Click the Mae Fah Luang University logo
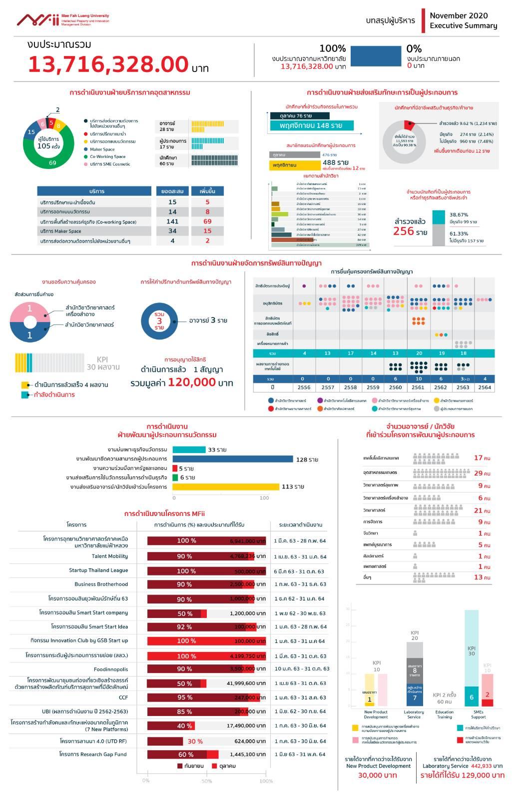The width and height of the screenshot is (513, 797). coord(62,20)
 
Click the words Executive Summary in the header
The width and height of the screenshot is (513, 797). coord(463,25)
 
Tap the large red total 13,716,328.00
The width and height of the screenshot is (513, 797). coord(108,64)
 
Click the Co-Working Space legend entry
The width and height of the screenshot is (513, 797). coord(107,156)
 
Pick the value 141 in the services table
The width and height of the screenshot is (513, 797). coord(172,221)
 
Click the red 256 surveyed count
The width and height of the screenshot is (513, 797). coord(404,231)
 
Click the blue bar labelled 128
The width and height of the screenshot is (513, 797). coord(233,459)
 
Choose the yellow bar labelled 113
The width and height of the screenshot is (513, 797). coord(226,486)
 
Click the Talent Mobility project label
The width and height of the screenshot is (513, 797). coord(109,556)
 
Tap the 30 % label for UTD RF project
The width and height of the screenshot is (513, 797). coord(195,741)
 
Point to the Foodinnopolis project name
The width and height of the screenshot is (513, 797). coord(110,669)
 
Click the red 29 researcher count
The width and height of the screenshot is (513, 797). coord(478,473)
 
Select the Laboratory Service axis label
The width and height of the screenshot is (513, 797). coord(414,714)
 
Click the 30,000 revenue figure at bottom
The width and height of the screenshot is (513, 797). coord(377,775)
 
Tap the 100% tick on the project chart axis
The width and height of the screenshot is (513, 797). coord(266,781)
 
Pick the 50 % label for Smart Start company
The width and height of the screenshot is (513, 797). coord(185,613)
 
